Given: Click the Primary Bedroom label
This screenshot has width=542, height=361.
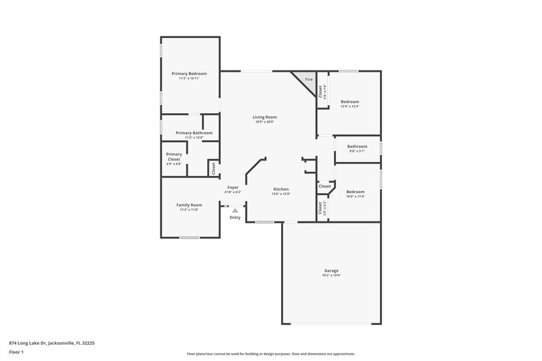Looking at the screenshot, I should (189, 73).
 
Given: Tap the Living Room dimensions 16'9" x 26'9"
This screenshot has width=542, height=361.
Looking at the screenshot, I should (266, 122).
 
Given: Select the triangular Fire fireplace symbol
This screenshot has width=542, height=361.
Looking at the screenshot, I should (306, 81).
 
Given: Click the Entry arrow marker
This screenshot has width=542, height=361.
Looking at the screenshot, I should (235, 211).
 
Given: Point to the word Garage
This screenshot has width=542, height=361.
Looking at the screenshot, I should (331, 271).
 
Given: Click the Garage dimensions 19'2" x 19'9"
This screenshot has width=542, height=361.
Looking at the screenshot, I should (331, 276).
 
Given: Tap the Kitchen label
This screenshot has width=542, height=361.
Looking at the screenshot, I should (281, 189).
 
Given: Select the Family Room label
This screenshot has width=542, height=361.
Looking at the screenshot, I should (189, 205).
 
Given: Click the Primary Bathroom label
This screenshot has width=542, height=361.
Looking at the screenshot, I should (194, 133).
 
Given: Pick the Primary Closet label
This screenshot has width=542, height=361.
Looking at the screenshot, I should (174, 156).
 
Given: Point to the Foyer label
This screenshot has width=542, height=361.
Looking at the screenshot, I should (232, 187).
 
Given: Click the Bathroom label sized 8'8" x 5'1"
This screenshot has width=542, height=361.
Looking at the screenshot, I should (357, 146).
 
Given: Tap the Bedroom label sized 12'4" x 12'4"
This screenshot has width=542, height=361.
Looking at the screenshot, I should (350, 102).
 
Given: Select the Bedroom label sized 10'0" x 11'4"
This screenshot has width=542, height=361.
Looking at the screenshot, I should (356, 192).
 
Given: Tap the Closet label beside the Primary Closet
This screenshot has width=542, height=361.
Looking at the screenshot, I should (213, 168).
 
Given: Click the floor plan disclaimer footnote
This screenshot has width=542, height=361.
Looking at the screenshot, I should (270, 354).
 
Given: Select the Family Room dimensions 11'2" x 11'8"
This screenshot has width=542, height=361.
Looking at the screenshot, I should (189, 210).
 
